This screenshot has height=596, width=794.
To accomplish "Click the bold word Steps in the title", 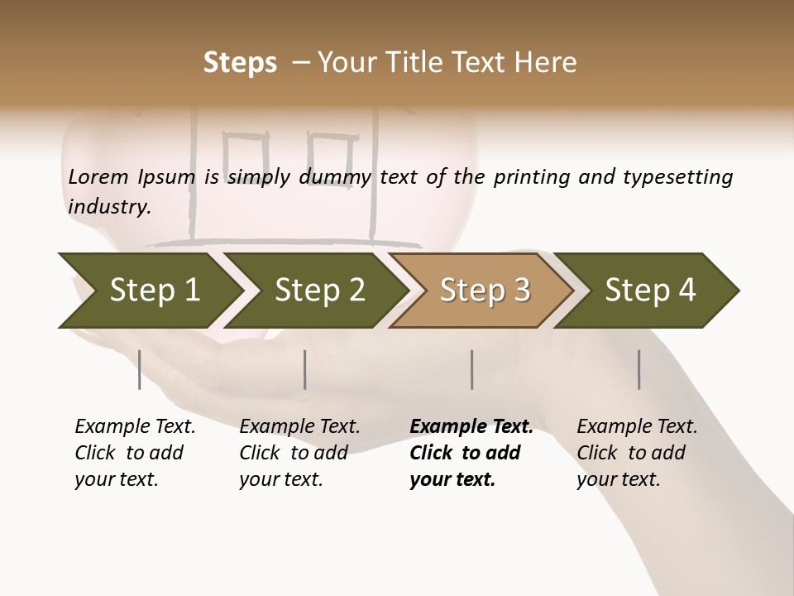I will (x=240, y=63).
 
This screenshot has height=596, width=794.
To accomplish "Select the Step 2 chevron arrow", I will (x=318, y=290).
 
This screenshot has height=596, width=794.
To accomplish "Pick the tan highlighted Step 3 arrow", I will (x=484, y=290).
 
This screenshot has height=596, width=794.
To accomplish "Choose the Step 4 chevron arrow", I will (x=649, y=290).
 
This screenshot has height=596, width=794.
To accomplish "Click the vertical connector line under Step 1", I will (x=139, y=369).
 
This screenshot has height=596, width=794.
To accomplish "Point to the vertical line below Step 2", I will (x=305, y=369).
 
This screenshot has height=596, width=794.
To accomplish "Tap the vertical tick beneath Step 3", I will (x=471, y=369).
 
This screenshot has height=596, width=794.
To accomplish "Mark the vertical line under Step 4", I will (x=639, y=369).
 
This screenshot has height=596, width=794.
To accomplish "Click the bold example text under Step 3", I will (x=470, y=453).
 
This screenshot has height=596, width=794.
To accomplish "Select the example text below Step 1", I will (x=134, y=453).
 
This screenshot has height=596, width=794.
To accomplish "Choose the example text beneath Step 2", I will (x=299, y=453).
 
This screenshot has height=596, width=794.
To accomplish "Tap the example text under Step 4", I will (x=636, y=453).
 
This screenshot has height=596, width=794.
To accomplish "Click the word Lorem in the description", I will (x=98, y=177).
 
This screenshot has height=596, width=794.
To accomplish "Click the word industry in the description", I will (x=108, y=207).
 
